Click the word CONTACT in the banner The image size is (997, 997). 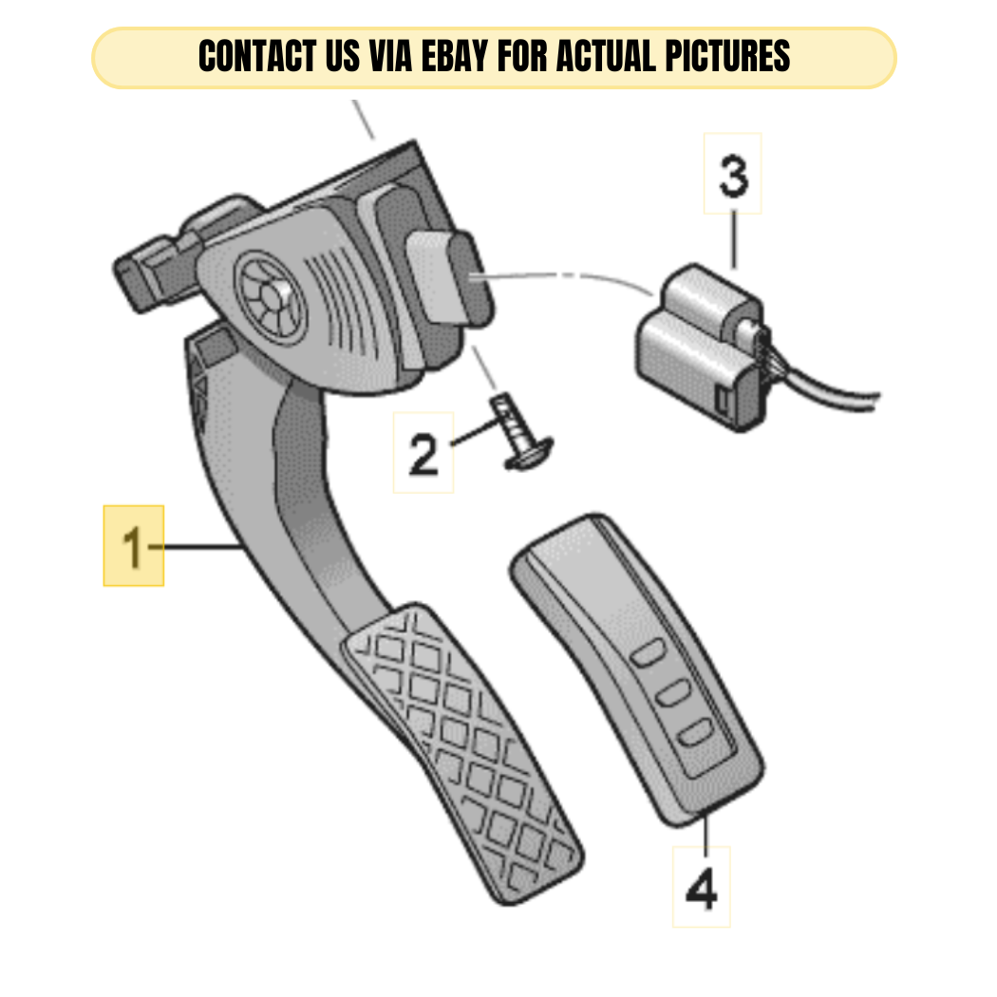(x=257, y=56)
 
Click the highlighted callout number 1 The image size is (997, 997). (x=134, y=546)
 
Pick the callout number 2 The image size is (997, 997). (x=423, y=453)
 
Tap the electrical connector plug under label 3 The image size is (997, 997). (x=703, y=348)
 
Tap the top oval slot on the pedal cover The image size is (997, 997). (x=648, y=653)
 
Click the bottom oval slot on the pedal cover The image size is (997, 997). (x=695, y=733)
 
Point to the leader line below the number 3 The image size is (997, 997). (x=734, y=239)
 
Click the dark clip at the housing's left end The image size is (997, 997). (x=151, y=273)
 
